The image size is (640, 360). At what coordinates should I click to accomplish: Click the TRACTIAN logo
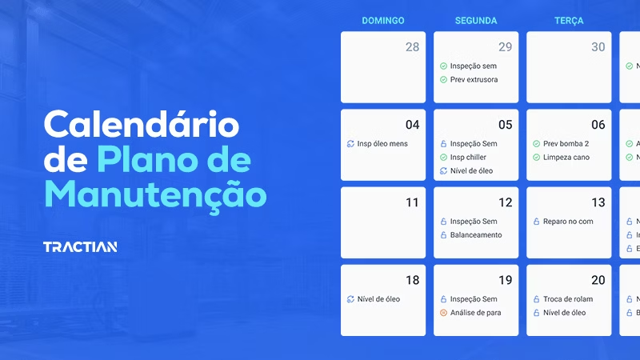coord(80,246)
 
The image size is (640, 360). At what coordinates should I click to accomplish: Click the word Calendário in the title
coord(141,126)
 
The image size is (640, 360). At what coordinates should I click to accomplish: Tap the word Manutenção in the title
coord(155,194)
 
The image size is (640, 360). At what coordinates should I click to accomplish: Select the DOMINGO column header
coord(383,21)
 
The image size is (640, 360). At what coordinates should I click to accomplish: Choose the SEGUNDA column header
coord(476,21)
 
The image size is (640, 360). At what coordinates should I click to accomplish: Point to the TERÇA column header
coord(569,21)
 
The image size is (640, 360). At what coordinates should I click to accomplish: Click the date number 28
coord(412,47)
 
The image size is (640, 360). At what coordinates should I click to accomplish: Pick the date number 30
coord(598,47)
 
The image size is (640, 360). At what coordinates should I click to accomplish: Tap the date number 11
coord(412,202)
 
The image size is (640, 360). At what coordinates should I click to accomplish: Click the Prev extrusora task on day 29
coord(474,80)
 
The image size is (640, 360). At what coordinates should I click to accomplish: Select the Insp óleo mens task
coord(382,144)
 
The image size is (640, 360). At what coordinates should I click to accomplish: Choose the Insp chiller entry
coord(468,158)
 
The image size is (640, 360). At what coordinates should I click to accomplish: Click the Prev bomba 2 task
coord(566,144)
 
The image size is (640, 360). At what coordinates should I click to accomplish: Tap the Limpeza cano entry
coord(566,158)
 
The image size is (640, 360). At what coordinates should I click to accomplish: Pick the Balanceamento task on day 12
coord(476,235)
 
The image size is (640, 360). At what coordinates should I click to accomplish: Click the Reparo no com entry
coord(568,222)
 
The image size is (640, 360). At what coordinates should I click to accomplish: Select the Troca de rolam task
coord(568,299)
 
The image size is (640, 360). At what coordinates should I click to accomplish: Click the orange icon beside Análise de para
coord(443,313)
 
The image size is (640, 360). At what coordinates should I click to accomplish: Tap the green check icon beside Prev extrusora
coord(443,80)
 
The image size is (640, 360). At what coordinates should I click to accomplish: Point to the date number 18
coord(412,280)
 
